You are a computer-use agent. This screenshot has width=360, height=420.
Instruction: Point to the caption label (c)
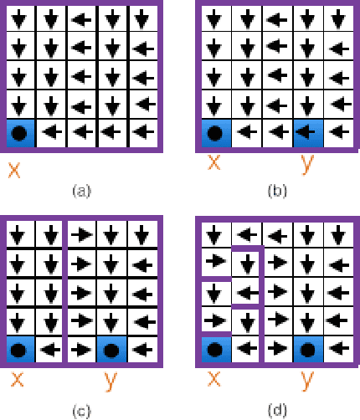81,410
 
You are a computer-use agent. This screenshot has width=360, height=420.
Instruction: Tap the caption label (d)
276,410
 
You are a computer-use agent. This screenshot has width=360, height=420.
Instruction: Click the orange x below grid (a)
14,170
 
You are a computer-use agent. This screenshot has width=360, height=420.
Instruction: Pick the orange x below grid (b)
213,163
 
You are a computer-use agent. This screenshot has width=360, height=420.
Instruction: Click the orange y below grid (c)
110,382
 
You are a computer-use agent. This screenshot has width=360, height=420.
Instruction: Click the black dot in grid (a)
20,131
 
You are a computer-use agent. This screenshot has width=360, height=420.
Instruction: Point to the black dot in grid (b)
215,131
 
